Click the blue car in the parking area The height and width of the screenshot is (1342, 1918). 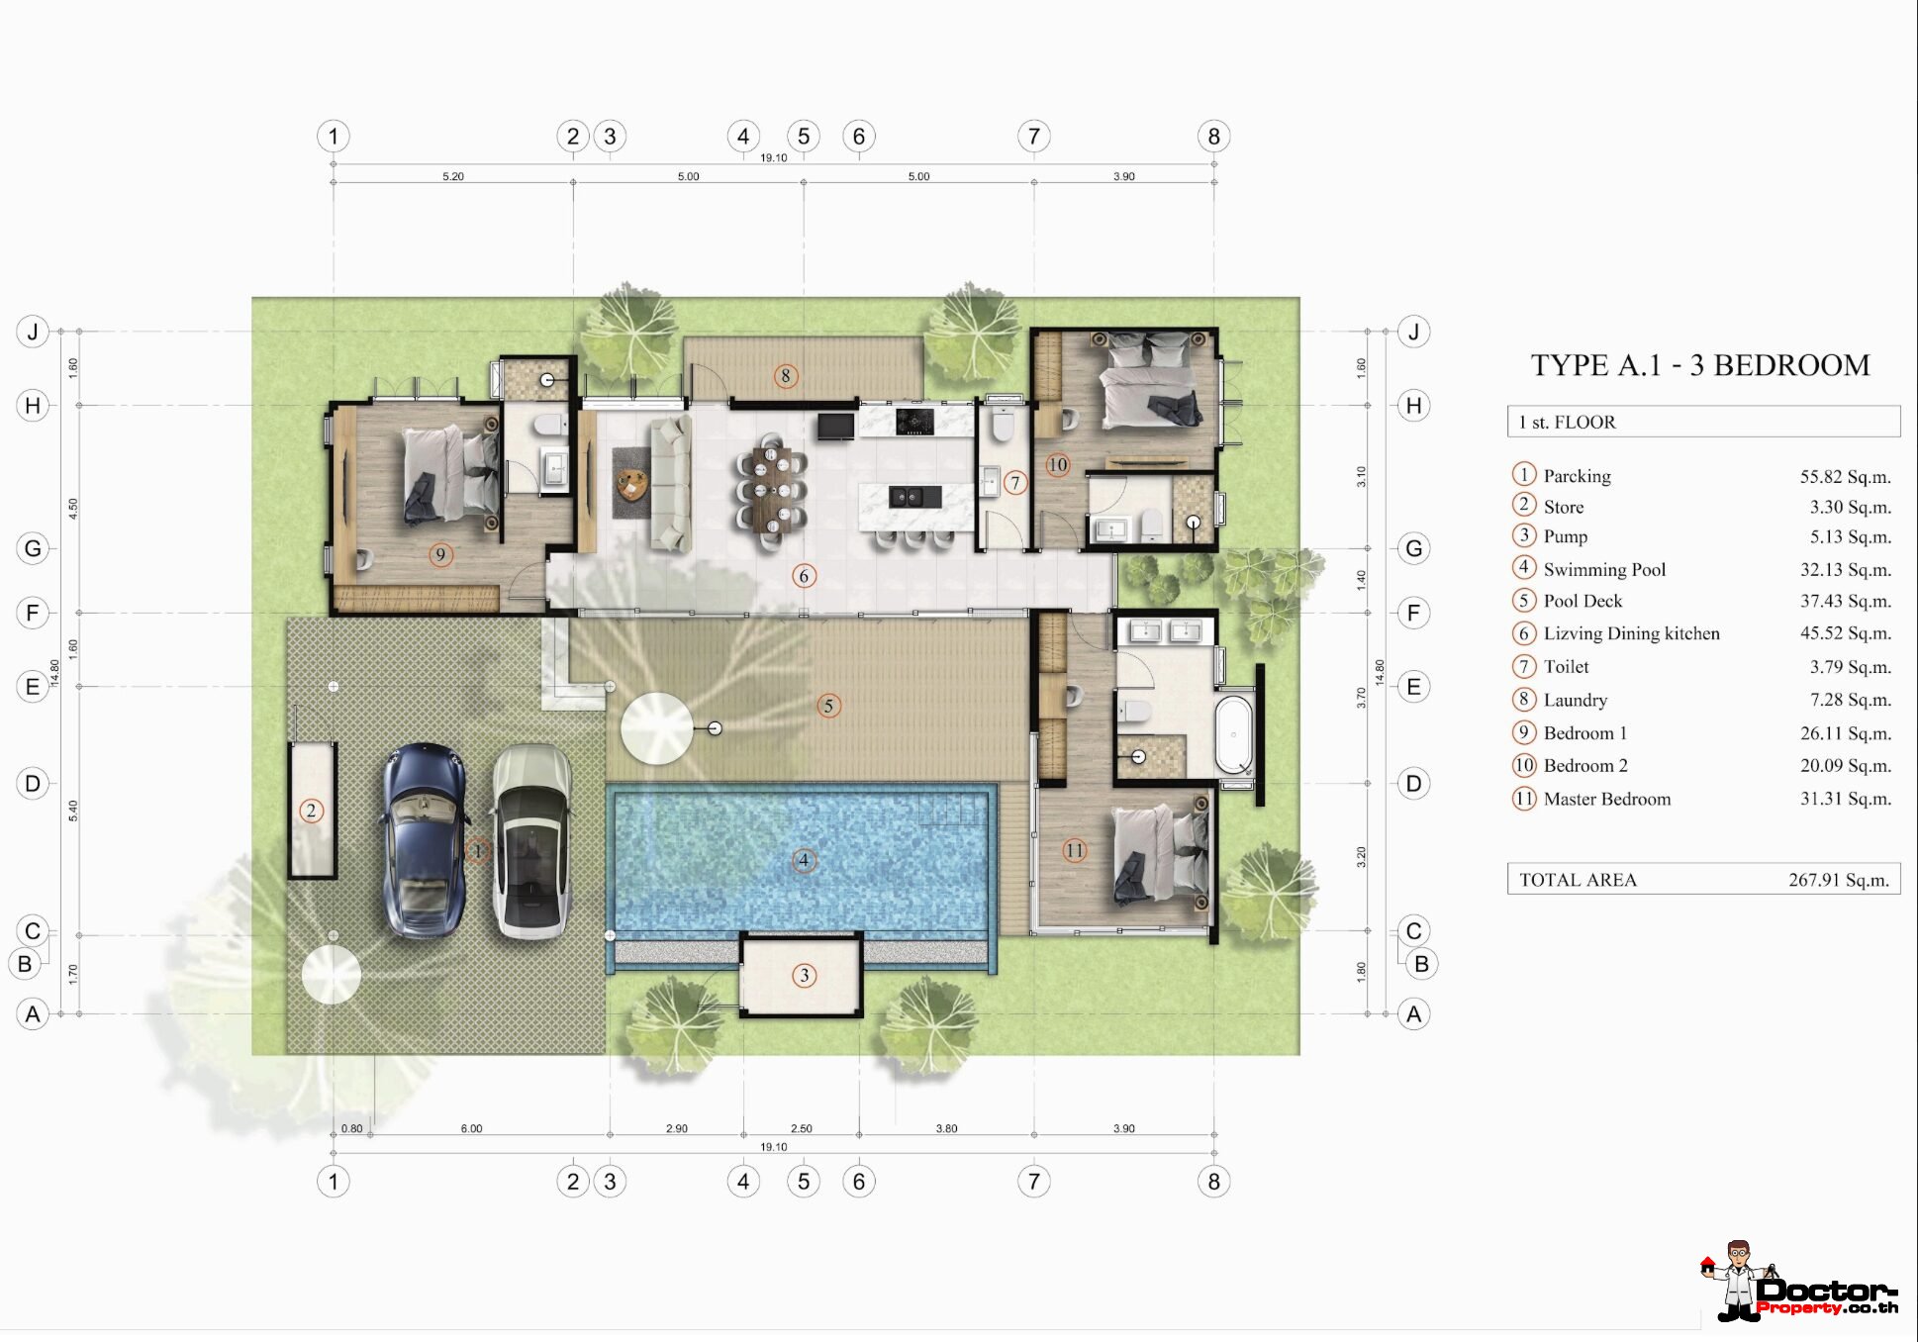coord(426,840)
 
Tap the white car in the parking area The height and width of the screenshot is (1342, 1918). coord(531,841)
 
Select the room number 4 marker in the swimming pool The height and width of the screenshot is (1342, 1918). coord(804,860)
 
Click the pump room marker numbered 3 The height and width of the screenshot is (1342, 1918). coord(804,976)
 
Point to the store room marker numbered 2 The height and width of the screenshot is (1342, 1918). coord(311,812)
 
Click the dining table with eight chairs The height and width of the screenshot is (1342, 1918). coord(771,489)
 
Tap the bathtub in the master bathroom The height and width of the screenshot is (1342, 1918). coord(1233,734)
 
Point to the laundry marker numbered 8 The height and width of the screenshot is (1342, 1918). coord(785,376)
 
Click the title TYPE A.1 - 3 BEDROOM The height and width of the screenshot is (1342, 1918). coord(1700,365)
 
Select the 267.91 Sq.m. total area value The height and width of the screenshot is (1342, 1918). coord(1839,880)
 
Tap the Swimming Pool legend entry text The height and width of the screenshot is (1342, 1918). coord(1604,569)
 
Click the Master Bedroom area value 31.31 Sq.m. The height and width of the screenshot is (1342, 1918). coord(1845,799)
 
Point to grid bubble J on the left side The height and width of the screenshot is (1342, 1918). coord(33,332)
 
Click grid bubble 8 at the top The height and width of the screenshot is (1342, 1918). coord(1214,137)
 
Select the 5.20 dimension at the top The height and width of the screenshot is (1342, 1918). coord(453,176)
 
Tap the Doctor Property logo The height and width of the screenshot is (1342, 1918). coord(1798,1283)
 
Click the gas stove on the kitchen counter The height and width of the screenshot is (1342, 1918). coord(914,422)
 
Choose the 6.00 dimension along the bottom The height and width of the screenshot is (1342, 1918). coord(471,1128)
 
